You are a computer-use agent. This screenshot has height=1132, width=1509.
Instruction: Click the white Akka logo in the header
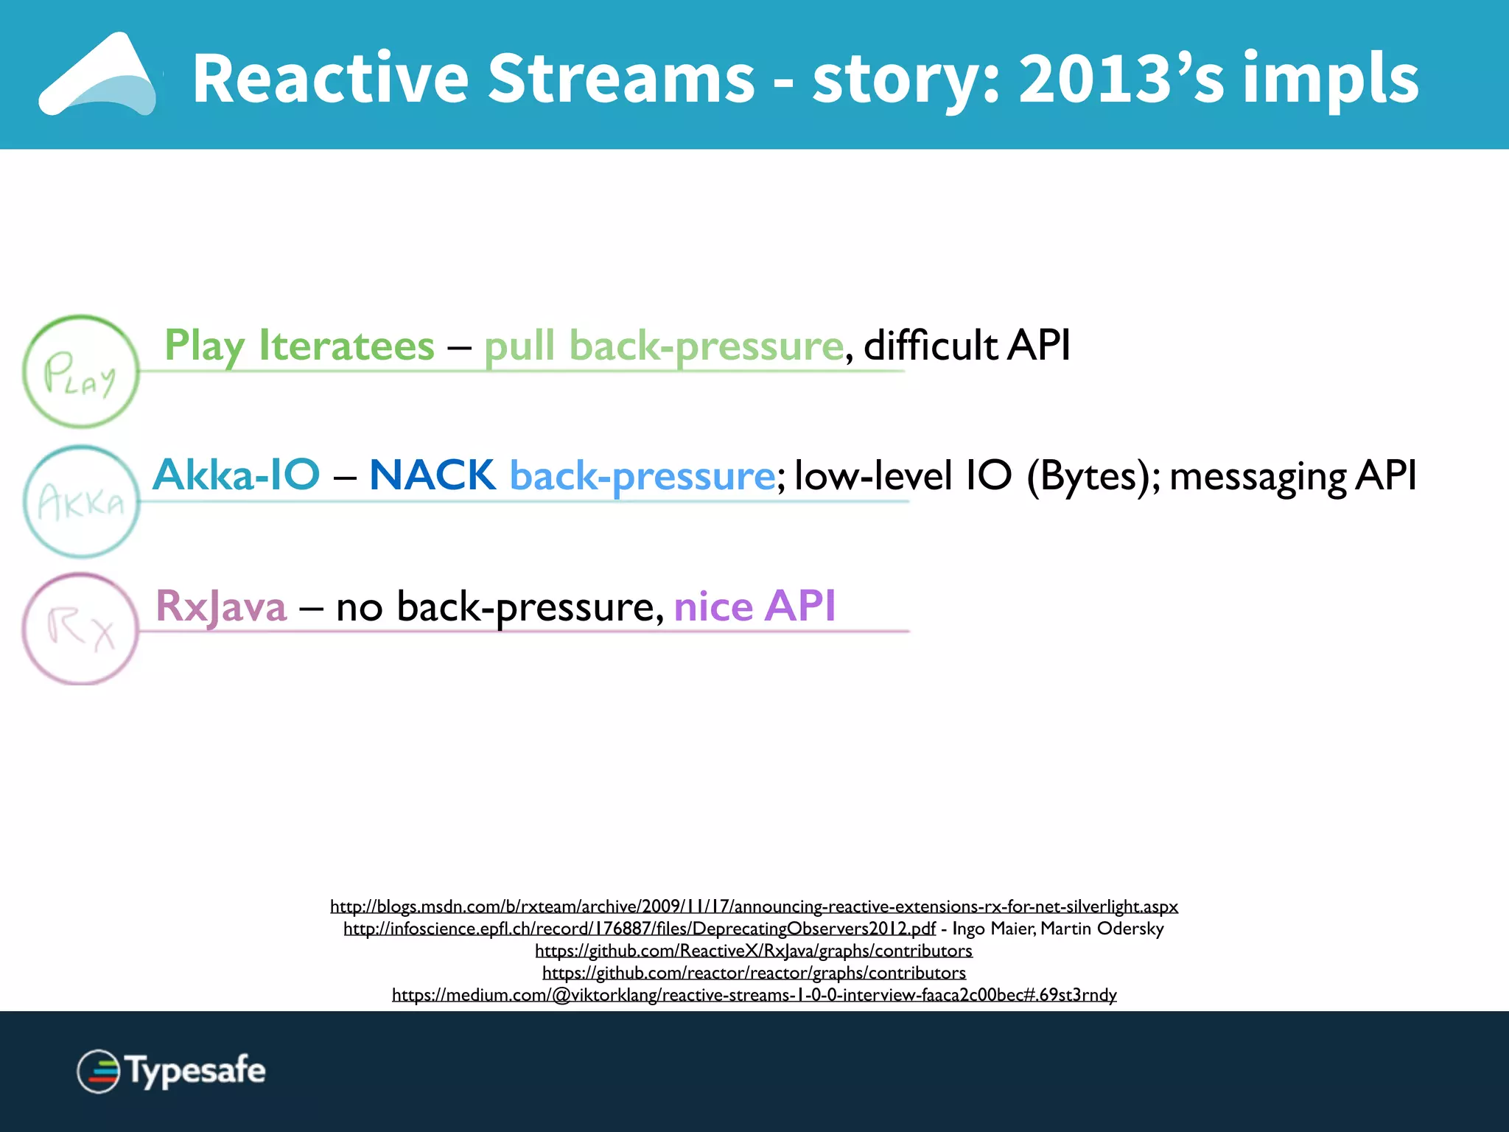tap(99, 75)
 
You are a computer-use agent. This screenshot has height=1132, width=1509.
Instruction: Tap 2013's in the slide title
tap(1121, 79)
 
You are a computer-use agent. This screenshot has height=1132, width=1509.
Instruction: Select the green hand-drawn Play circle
tap(80, 372)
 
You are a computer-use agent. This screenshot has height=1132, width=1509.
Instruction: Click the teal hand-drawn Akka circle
tap(80, 502)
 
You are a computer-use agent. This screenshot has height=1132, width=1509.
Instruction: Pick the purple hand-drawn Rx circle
tap(80, 629)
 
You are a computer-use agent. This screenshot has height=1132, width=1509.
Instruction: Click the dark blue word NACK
tap(433, 475)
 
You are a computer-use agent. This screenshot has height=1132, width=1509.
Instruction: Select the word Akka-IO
tap(237, 475)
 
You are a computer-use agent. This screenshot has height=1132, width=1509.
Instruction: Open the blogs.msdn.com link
tap(754, 906)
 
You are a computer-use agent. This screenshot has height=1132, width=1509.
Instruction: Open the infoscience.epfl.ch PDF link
tap(639, 929)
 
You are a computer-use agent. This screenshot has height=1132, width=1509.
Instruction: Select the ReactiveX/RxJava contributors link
tap(754, 951)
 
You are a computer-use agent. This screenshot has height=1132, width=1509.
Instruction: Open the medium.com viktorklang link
tap(754, 995)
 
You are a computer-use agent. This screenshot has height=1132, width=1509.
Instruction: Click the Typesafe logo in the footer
tap(172, 1071)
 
